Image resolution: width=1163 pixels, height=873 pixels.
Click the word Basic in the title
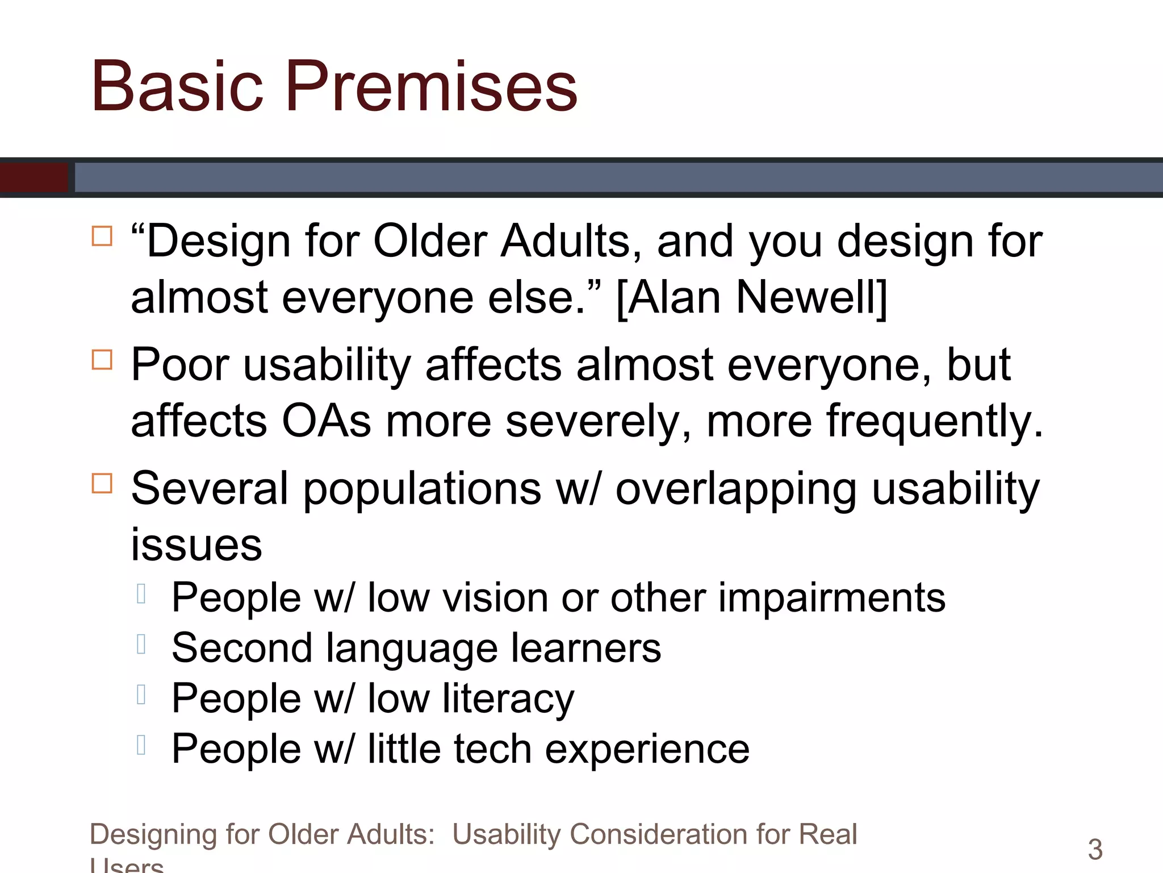tap(177, 86)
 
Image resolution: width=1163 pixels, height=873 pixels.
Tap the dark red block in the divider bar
tap(34, 177)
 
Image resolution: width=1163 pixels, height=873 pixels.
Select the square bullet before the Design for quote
tap(102, 236)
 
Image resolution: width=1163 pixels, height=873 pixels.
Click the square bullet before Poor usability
tap(102, 360)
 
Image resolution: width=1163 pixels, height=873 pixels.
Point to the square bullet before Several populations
tap(102, 484)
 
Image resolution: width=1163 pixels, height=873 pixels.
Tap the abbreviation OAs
tap(327, 421)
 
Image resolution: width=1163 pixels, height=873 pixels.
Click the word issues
tap(196, 544)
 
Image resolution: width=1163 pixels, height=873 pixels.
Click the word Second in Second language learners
tap(242, 648)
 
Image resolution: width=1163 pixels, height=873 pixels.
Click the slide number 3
tap(1095, 850)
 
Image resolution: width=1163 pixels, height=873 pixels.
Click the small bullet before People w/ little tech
tap(141, 745)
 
